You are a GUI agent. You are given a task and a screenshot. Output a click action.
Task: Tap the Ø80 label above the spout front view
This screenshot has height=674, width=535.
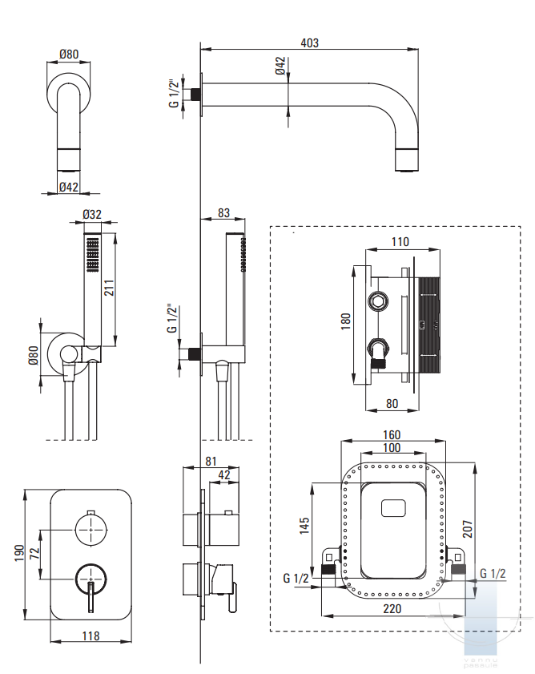click(x=68, y=54)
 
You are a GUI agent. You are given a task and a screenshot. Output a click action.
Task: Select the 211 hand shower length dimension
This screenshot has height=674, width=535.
click(x=108, y=288)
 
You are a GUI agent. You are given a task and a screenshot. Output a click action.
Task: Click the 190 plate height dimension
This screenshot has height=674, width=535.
click(x=17, y=555)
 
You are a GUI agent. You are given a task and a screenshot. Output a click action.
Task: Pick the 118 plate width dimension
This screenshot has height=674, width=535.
click(x=91, y=636)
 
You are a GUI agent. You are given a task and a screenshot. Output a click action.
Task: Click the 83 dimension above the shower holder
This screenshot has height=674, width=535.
click(x=223, y=213)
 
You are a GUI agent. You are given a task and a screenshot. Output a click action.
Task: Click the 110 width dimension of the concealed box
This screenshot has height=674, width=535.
click(x=400, y=241)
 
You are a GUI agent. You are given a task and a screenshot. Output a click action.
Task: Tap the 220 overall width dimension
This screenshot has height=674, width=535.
click(x=392, y=608)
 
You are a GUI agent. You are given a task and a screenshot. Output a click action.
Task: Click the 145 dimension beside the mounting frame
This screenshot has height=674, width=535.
click(x=304, y=526)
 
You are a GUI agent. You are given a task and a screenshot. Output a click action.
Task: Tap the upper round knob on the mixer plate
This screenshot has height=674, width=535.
click(x=91, y=527)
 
